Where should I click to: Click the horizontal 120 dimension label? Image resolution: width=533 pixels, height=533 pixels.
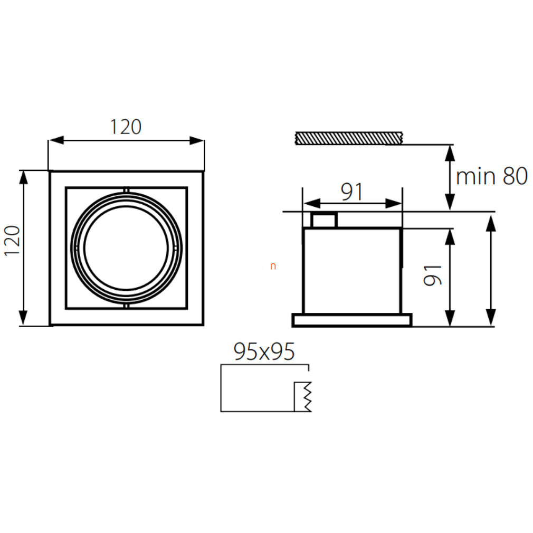pos(126,127)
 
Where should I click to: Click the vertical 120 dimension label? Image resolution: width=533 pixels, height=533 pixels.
pos(13,240)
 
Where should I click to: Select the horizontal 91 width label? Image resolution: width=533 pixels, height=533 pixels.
pos(352,192)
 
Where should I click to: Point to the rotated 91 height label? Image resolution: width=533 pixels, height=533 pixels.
pos(433,275)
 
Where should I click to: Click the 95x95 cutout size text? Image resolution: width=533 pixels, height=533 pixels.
pos(264,351)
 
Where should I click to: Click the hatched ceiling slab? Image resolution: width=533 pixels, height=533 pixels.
pos(349,138)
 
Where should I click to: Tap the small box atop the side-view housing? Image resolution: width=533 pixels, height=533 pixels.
pos(325,220)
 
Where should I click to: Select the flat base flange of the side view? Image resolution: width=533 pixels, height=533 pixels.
pos(352,320)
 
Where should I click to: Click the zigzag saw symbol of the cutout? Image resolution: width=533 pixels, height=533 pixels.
pos(308,397)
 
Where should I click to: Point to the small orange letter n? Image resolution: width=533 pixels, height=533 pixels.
pos(273,267)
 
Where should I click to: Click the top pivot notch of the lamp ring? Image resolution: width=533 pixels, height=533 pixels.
pos(126,190)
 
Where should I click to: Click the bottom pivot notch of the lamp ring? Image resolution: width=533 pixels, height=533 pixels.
pos(126,307)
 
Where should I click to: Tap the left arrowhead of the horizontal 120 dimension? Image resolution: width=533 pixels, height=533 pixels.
pos(56,140)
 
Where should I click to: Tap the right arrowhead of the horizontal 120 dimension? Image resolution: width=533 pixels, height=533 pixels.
pos(197,140)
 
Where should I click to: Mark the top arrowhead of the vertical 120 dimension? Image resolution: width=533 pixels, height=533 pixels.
pos(23,177)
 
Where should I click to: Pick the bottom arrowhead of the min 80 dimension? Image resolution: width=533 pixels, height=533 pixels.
pos(450,202)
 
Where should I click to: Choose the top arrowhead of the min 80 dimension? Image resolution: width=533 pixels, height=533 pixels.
pos(450,153)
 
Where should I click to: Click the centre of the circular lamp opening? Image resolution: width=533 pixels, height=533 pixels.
pos(126,248)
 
